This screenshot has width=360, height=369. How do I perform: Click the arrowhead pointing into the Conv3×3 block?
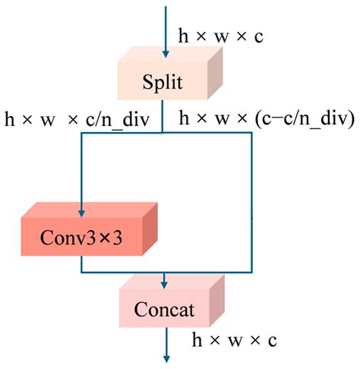coord(81,200)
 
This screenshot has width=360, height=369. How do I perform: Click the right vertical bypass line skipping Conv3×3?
coord(250,205)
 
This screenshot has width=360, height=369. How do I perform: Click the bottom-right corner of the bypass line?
coord(250,272)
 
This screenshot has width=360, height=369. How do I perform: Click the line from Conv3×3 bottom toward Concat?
coord(81,263)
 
